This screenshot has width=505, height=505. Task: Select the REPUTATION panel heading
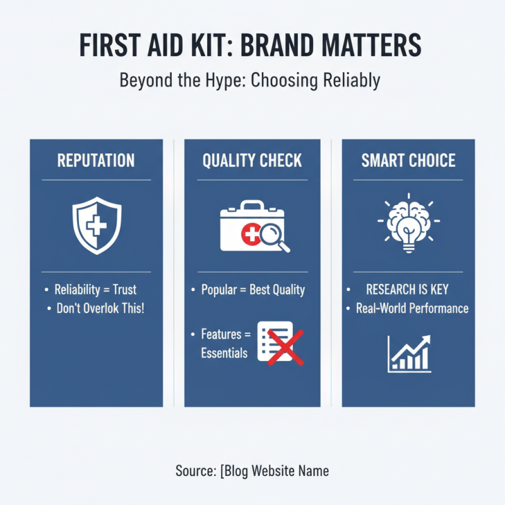tap(96, 160)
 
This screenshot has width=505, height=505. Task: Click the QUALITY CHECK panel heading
tap(252, 160)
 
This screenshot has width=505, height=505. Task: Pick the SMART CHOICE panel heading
tap(408, 160)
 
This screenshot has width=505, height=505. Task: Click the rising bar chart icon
tap(409, 353)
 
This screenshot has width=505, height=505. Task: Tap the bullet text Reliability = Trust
tap(95, 290)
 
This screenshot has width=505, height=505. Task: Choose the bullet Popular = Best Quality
tap(252, 290)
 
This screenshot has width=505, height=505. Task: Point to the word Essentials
tap(224, 353)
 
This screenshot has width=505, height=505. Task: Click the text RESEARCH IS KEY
tap(407, 290)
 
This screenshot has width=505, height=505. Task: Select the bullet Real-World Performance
tap(412, 309)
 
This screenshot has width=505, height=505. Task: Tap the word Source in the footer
tap(194, 471)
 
